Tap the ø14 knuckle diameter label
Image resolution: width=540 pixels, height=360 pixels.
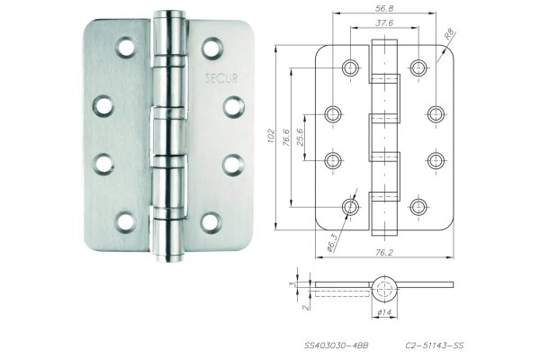click(382, 312)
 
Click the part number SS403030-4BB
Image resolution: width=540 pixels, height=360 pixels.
click(334, 344)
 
